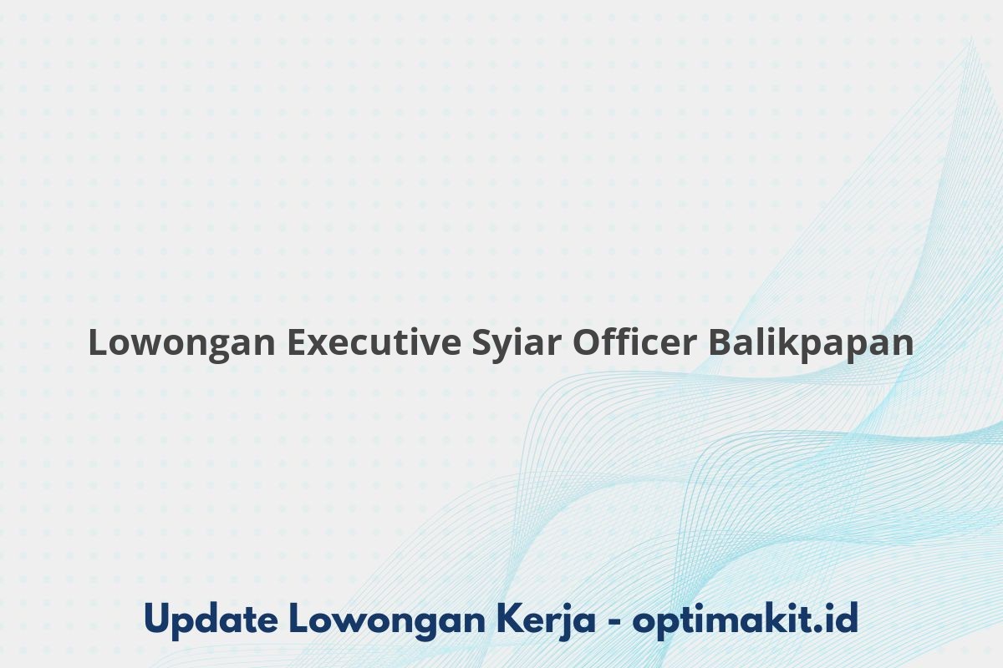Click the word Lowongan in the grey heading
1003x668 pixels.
click(x=182, y=344)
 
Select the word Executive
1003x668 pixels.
click(x=374, y=342)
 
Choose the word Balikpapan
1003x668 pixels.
click(x=811, y=344)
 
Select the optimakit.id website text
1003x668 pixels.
click(x=745, y=620)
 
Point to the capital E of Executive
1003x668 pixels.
click(x=297, y=342)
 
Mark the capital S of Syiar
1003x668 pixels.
click(x=482, y=342)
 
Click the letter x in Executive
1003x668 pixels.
click(x=319, y=346)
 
